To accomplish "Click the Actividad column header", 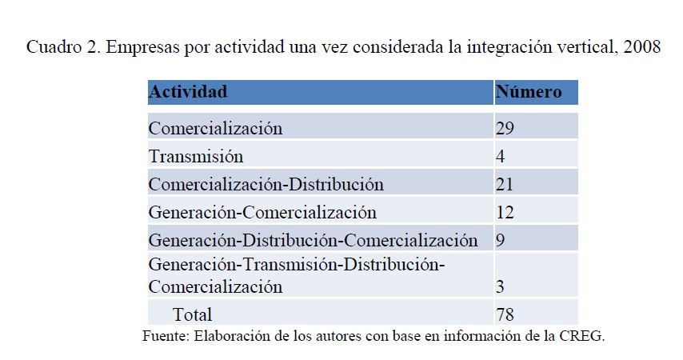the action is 188,91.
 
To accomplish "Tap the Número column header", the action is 529,91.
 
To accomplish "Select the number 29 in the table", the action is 505,128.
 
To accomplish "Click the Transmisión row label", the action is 196,156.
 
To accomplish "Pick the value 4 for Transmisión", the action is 500,156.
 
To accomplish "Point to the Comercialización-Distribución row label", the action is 266,184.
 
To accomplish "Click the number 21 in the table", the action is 505,184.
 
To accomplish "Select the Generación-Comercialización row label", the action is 262,212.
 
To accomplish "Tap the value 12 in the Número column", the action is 505,212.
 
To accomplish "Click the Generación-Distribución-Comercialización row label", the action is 313,240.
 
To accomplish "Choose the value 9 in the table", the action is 500,240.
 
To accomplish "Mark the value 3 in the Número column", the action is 500,286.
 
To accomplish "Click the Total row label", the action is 192,314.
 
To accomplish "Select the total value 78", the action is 505,314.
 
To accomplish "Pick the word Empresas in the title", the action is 142,46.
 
